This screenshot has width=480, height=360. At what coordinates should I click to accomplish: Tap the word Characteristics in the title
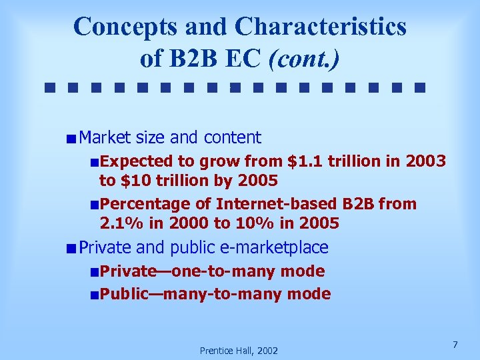320,27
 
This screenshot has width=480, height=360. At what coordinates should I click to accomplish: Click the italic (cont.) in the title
303,59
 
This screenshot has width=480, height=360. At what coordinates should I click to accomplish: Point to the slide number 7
455,345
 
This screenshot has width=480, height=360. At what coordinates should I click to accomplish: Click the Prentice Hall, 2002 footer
239,350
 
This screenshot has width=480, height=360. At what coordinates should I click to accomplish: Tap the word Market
105,138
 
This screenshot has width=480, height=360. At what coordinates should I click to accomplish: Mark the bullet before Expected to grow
95,162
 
